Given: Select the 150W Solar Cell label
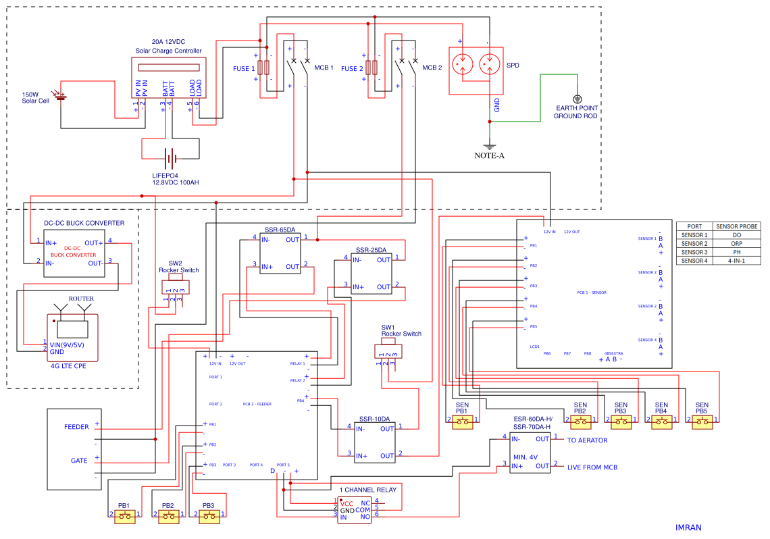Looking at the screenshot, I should click(x=35, y=98).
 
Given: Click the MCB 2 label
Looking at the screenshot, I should click(x=432, y=68).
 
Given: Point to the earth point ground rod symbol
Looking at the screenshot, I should click(x=577, y=99).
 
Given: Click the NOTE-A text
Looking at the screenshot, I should click(x=489, y=155).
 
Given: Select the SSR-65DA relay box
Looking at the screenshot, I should click(x=280, y=253).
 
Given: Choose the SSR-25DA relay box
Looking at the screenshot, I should click(x=371, y=273).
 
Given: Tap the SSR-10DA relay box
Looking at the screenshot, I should click(x=375, y=442).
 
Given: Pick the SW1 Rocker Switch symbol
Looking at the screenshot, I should click(x=387, y=351).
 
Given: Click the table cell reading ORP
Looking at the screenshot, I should click(x=737, y=243).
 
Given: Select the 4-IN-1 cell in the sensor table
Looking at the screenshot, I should click(x=737, y=260).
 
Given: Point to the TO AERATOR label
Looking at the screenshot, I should click(x=586, y=440).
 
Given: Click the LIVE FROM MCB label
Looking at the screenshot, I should click(x=592, y=467).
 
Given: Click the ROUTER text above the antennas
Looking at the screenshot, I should click(x=81, y=299).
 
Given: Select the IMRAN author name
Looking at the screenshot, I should click(x=688, y=527).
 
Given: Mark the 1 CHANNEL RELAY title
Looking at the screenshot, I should click(x=367, y=490).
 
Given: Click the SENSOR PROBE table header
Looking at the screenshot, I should click(x=737, y=226).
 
